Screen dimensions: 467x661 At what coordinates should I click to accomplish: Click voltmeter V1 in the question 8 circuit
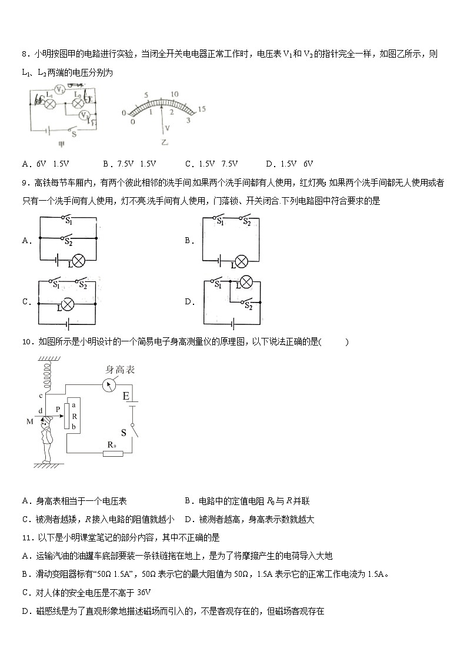coord(58,90)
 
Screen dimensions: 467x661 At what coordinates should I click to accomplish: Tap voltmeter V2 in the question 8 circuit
coord(85,115)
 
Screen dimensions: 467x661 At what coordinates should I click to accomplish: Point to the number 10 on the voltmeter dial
coord(174,94)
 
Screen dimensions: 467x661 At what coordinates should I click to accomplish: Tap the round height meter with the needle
coord(109,384)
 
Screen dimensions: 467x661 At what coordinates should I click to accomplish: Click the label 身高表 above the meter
coord(120,370)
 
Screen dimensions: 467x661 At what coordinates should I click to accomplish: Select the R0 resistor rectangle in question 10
coord(111,453)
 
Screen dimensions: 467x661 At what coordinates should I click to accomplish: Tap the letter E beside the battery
coord(126,396)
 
